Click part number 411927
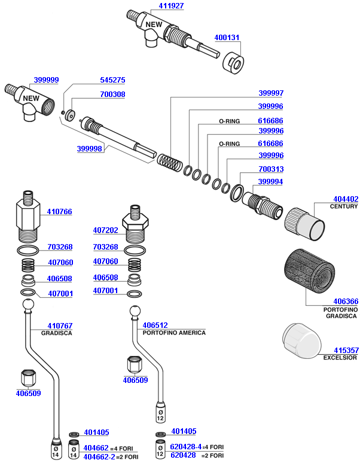click(x=171, y=6)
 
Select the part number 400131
click(x=227, y=37)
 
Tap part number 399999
click(x=46, y=80)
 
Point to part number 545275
click(x=112, y=80)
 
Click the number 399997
click(x=271, y=93)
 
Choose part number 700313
click(x=271, y=169)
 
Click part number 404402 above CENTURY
click(x=346, y=199)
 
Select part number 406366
click(x=346, y=301)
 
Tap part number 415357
click(x=346, y=350)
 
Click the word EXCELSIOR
click(x=340, y=358)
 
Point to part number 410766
click(x=60, y=211)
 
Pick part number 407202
click(x=105, y=230)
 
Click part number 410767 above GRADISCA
click(x=53, y=326)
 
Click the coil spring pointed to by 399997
click(x=169, y=161)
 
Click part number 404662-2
click(x=99, y=456)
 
